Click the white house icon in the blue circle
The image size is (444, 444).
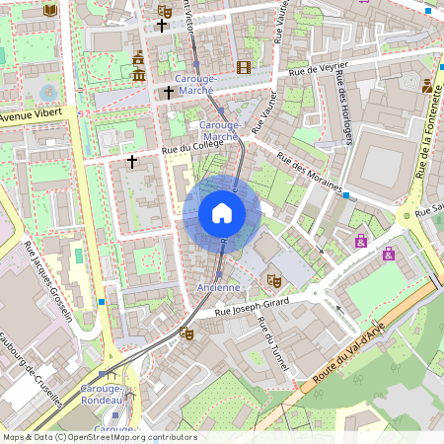[x=222, y=213]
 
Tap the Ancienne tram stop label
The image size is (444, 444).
[x=218, y=287]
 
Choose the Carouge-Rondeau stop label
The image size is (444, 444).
[x=101, y=395]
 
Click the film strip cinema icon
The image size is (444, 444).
[x=243, y=67]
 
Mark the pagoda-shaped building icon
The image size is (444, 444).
[x=138, y=66]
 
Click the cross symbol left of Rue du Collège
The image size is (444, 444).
[x=132, y=160]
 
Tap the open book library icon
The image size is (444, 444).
[x=50, y=10]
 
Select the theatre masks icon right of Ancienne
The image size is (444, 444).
[x=273, y=281]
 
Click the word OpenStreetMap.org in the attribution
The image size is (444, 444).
[x=131, y=436]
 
